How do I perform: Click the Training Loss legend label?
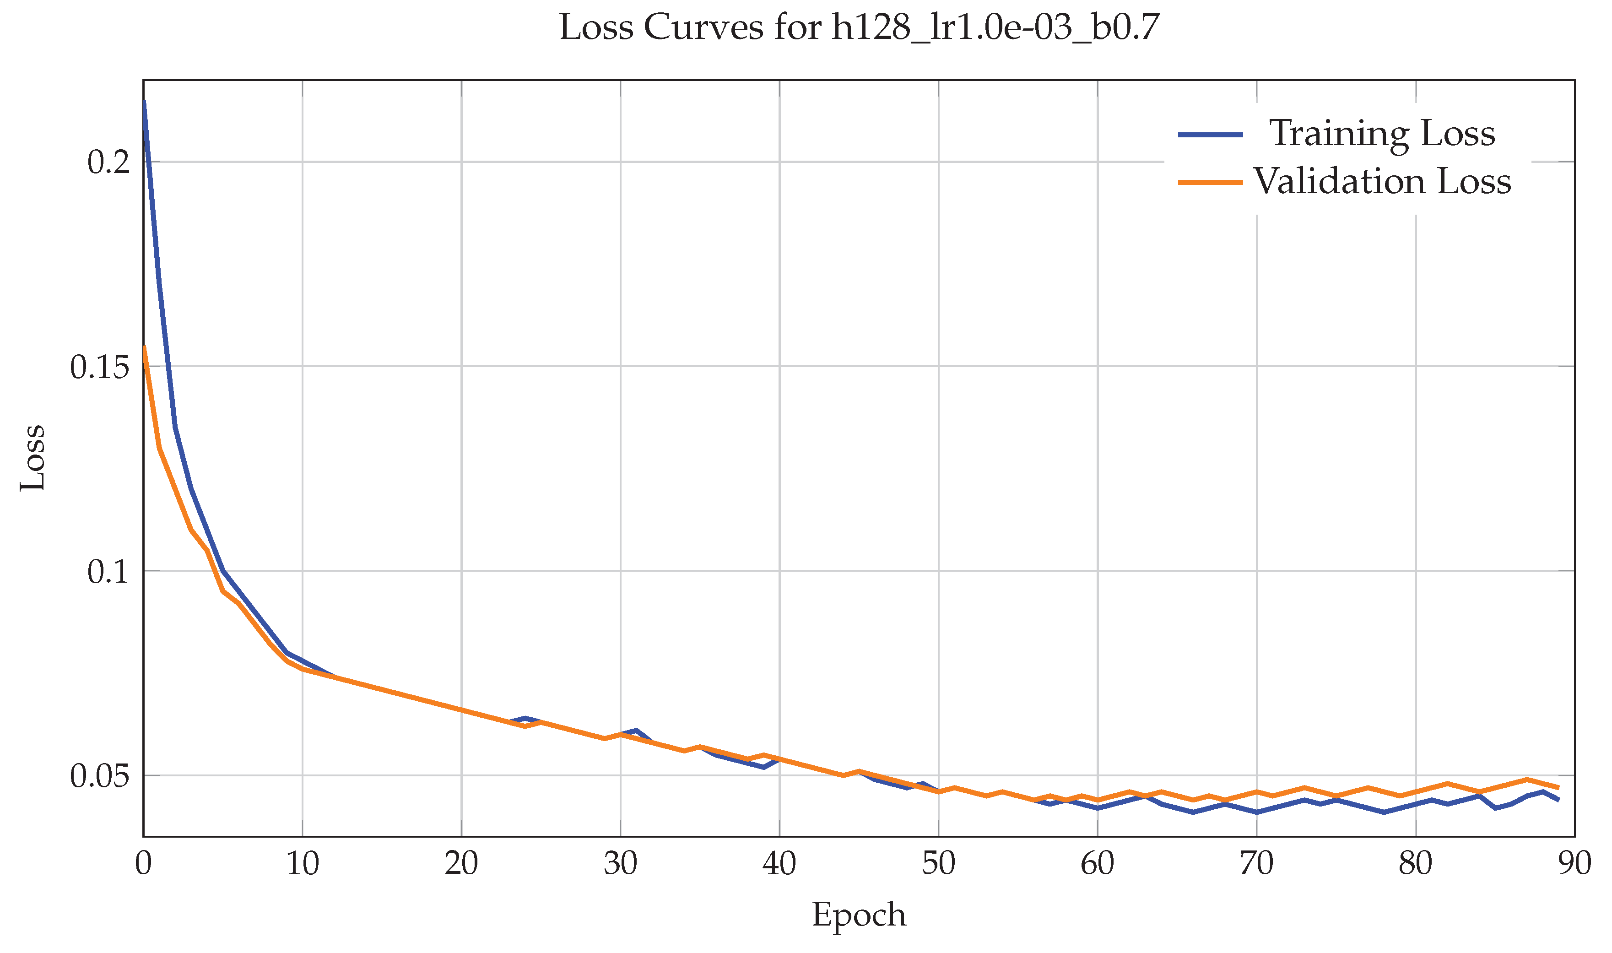pyautogui.click(x=1382, y=134)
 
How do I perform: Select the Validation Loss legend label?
pyautogui.click(x=1382, y=182)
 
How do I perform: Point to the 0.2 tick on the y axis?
pyautogui.click(x=108, y=162)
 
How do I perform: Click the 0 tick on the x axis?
pyautogui.click(x=144, y=864)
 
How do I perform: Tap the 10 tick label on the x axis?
pyautogui.click(x=303, y=864)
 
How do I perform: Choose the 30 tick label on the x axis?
pyautogui.click(x=620, y=864)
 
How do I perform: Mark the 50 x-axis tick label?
pyautogui.click(x=939, y=864)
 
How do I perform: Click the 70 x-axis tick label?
pyautogui.click(x=1256, y=864)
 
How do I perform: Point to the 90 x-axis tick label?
pyautogui.click(x=1574, y=864)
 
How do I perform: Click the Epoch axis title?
pyautogui.click(x=859, y=915)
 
